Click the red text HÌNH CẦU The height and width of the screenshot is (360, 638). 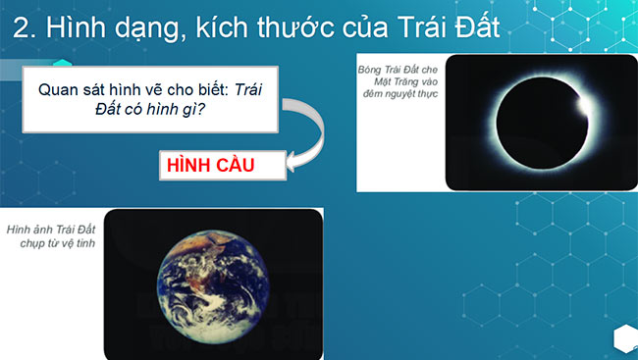point(210,165)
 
